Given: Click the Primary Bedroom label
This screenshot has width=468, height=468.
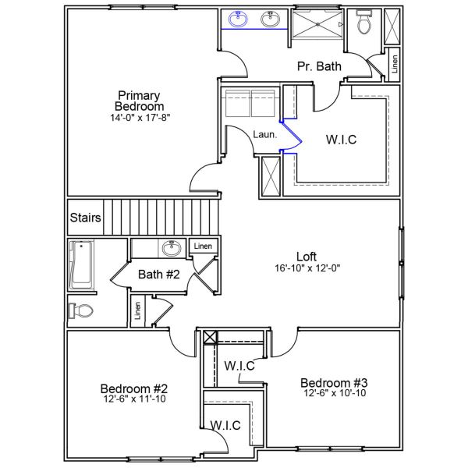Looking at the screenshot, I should pyautogui.click(x=140, y=101).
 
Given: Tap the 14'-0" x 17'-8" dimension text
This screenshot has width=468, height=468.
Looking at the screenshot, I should pyautogui.click(x=140, y=118).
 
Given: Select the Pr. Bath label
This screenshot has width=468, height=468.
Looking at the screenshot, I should pyautogui.click(x=319, y=67).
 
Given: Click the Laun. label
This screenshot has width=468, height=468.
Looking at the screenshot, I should pyautogui.click(x=265, y=134).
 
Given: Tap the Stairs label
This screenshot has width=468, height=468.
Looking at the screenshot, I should pyautogui.click(x=85, y=218).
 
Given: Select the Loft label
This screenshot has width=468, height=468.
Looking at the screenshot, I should pyautogui.click(x=307, y=256).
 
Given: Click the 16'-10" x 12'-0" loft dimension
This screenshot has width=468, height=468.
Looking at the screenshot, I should pyautogui.click(x=307, y=268).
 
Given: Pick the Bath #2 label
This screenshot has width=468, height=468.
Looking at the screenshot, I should pyautogui.click(x=159, y=275).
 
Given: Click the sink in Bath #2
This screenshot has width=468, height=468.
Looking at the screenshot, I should pyautogui.click(x=171, y=249).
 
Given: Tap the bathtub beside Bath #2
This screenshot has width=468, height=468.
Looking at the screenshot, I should pyautogui.click(x=81, y=265).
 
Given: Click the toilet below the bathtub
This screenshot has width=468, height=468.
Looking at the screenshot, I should pyautogui.click(x=80, y=311).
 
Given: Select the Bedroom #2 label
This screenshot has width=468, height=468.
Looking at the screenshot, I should pyautogui.click(x=134, y=388).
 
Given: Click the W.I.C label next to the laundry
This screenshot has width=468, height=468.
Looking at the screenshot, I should pyautogui.click(x=341, y=140).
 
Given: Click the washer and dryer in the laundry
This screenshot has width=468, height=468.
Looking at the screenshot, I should pyautogui.click(x=250, y=101).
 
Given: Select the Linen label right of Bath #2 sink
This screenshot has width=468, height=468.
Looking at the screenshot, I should pyautogui.click(x=203, y=246).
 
